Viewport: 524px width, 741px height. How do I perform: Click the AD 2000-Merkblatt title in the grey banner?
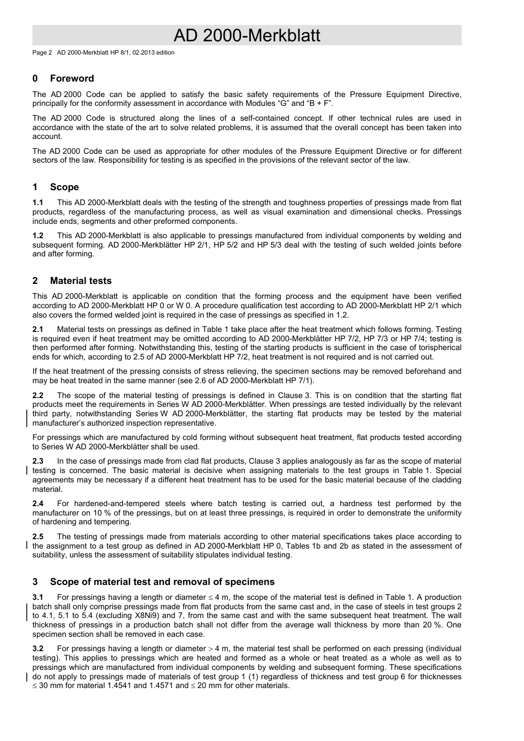[x=247, y=36]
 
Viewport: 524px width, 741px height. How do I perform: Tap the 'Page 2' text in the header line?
[x=42, y=53]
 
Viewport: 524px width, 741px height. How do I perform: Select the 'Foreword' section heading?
[x=72, y=78]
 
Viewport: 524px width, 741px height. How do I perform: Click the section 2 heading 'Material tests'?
[x=81, y=281]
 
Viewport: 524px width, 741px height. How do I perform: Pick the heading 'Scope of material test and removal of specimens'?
[x=162, y=582]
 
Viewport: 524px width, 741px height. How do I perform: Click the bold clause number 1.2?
[x=38, y=235]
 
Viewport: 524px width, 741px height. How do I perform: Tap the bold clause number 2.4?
[x=38, y=503]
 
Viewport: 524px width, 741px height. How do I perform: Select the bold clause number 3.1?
[x=38, y=597]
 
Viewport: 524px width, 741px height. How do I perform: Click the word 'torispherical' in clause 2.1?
[x=440, y=348]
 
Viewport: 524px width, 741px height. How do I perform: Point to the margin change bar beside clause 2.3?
[x=28, y=471]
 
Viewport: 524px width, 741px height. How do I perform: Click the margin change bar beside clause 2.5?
[x=28, y=546]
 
